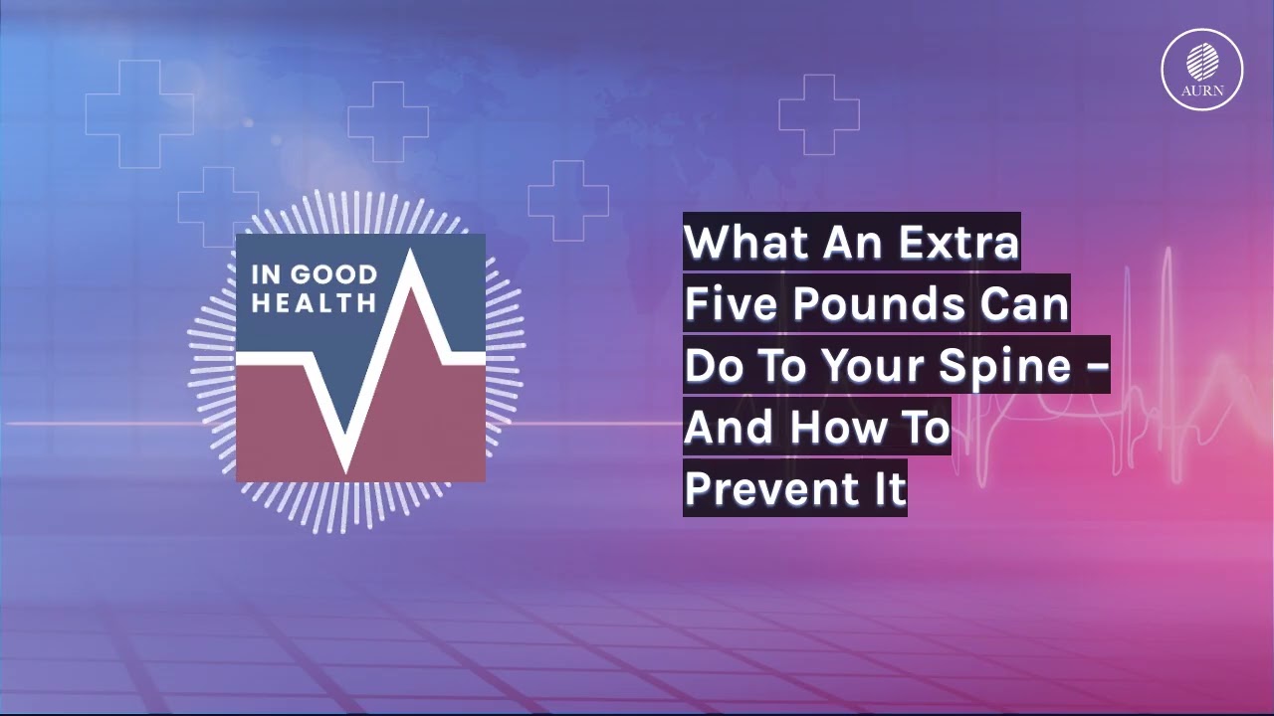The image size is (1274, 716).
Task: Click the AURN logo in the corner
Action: click(x=1202, y=69)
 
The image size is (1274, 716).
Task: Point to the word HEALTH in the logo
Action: click(x=313, y=301)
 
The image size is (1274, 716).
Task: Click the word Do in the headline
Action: click(x=709, y=366)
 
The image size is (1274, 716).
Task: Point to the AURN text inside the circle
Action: click(x=1202, y=90)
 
